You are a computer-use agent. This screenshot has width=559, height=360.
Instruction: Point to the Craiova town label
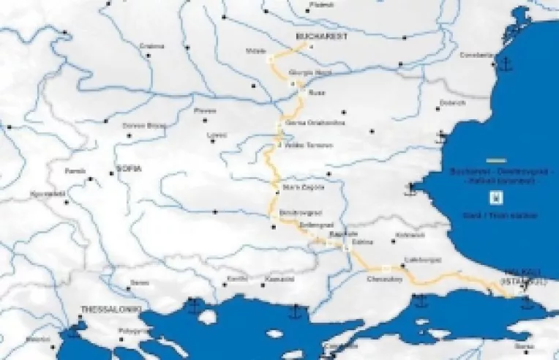[x=151, y=45]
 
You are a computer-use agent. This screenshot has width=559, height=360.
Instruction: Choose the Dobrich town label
[x=452, y=103]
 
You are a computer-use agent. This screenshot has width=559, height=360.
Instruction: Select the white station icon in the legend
[x=495, y=196]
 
